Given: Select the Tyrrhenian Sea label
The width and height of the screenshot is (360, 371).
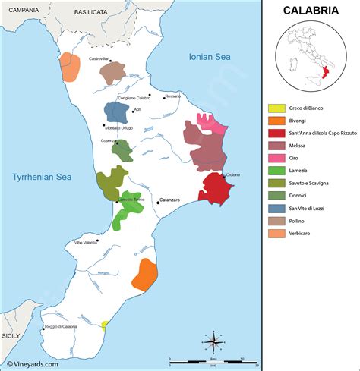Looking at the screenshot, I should (41, 177).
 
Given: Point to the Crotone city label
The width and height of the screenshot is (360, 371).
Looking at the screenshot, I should (232, 175).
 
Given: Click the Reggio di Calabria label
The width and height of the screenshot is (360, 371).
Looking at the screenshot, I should (61, 326).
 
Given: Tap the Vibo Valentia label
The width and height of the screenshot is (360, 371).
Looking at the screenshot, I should (86, 243).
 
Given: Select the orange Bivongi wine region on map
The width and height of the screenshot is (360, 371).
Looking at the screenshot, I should (144, 275).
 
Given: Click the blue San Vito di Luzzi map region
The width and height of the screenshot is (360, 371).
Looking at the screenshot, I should (116, 112).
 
